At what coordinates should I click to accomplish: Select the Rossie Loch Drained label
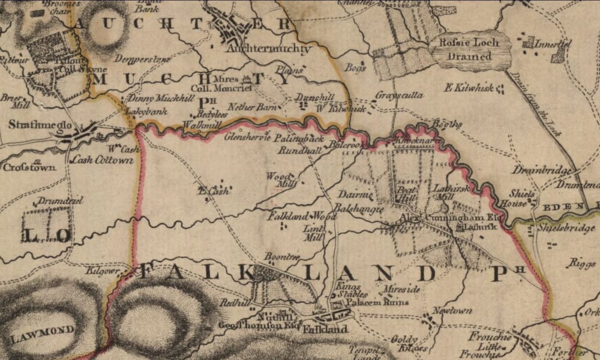(470, 49)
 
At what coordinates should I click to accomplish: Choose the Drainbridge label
(542, 171)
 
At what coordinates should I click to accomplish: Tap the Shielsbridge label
(560, 228)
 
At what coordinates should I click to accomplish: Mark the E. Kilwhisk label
(469, 88)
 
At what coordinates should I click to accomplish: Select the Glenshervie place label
(247, 136)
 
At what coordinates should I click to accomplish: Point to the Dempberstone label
(151, 60)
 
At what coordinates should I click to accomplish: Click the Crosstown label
(29, 167)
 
